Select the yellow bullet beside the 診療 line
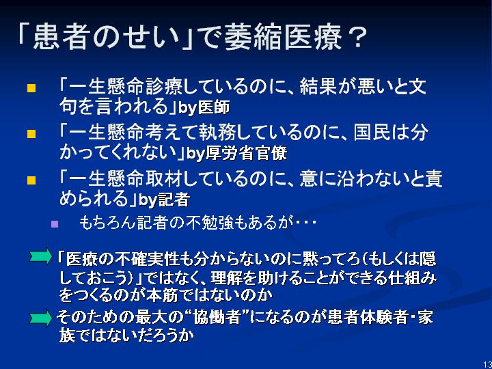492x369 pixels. (31, 88)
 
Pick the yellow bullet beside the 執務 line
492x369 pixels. (31, 135)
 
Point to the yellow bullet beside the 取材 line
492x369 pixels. (31, 180)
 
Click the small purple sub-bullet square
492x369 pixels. (55, 224)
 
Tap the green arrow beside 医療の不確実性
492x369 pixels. (41, 256)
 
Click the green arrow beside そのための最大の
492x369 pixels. (41, 319)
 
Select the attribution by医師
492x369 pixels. (204, 108)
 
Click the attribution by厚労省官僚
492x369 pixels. (237, 154)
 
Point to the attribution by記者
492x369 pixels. (164, 200)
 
